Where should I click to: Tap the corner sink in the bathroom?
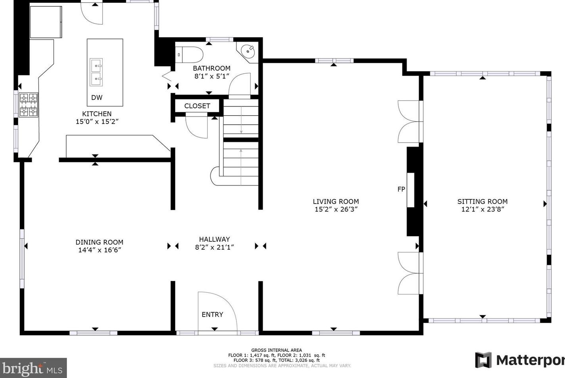248,52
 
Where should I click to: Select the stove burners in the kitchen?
29,105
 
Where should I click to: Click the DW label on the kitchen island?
97,97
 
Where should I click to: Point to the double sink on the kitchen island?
96,73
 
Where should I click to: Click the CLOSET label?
197,106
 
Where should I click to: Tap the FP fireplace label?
401,189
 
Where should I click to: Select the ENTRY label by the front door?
212,315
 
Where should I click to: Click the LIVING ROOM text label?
336,202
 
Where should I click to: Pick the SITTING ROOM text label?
483,202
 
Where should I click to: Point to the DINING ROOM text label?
99,242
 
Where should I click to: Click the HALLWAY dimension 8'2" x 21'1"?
214,247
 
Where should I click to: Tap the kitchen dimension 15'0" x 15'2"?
97,122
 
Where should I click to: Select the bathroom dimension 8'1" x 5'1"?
212,76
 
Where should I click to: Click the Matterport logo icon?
483,360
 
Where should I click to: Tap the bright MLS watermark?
33,368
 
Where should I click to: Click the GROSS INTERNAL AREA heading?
277,350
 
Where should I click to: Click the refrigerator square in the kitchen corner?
46,22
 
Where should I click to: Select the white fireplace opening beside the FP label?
410,190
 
